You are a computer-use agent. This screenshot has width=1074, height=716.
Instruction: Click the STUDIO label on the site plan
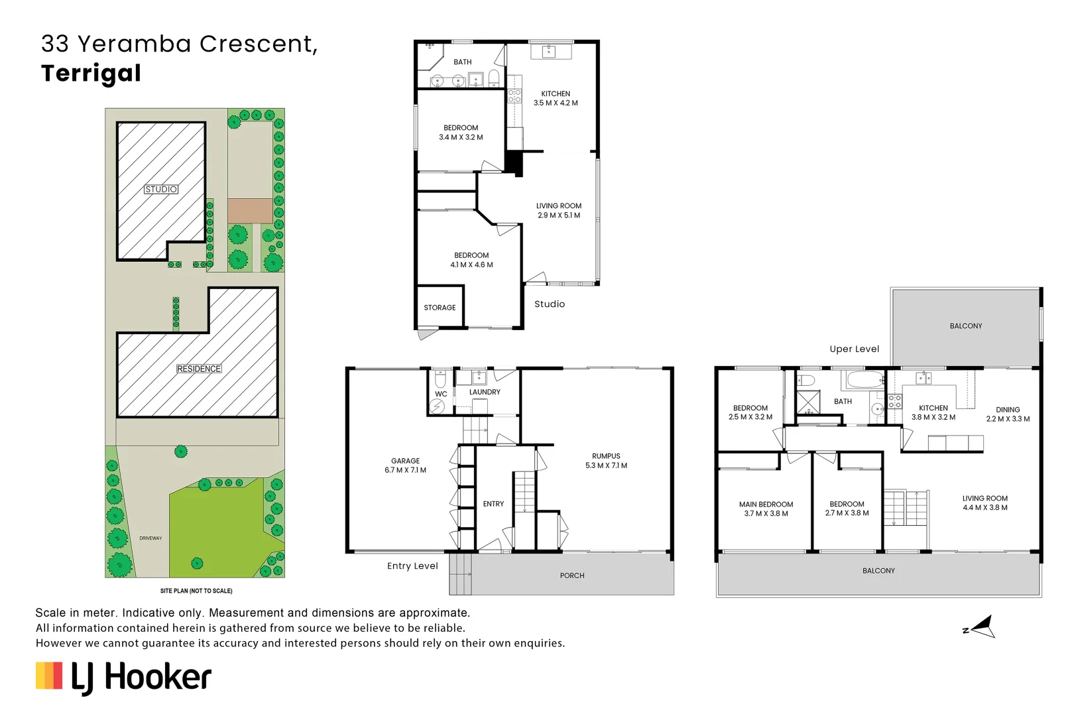tap(161, 190)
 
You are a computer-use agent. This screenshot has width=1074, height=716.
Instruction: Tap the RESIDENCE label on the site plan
tap(199, 369)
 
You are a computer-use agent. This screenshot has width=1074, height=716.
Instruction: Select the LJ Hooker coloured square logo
tap(49, 676)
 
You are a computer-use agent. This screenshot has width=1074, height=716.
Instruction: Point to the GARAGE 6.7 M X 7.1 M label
tap(405, 465)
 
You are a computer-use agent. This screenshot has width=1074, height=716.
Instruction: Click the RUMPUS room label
tap(606, 461)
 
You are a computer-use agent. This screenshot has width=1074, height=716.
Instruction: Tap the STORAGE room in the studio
tap(440, 308)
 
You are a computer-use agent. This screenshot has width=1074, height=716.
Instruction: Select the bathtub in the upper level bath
tap(864, 381)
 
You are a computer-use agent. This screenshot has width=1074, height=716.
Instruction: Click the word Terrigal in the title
tap(91, 73)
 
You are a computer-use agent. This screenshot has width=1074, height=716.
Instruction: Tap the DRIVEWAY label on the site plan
tap(150, 538)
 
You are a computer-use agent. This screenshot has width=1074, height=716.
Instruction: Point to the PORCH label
tap(572, 575)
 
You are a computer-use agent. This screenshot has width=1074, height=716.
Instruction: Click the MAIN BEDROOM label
tap(766, 508)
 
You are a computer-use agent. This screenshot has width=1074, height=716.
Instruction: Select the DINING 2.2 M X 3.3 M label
tap(1008, 414)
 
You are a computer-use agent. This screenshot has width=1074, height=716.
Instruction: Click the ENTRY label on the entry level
tap(493, 504)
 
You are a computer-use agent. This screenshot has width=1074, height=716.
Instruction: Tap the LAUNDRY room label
tap(485, 392)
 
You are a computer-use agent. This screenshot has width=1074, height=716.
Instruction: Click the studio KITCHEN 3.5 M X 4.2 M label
tap(556, 98)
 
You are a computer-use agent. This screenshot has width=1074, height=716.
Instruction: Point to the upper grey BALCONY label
tap(965, 326)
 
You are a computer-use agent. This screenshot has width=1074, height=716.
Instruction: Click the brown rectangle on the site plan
tap(250, 211)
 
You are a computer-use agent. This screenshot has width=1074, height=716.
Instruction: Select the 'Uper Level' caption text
tap(854, 349)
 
